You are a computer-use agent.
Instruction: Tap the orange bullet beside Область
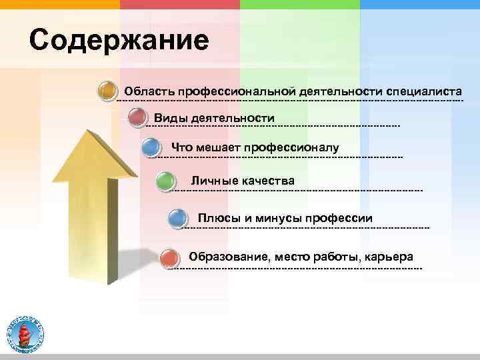(x=107, y=91)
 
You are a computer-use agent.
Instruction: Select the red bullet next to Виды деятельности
(x=137, y=118)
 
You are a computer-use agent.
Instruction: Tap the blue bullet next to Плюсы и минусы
(x=177, y=218)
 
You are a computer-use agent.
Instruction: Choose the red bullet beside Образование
(x=170, y=257)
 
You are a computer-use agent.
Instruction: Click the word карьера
(x=389, y=257)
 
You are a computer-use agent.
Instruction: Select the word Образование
(x=227, y=257)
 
